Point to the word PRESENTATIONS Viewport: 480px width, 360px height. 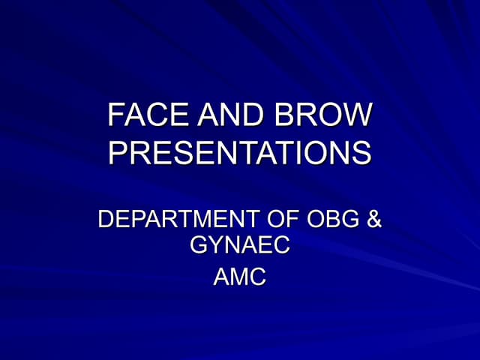tap(240, 152)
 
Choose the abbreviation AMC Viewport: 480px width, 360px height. tap(240, 277)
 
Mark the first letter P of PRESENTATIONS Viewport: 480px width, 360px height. tap(118, 152)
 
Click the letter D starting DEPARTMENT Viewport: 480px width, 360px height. tap(107, 220)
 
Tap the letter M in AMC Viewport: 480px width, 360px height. tap(240, 277)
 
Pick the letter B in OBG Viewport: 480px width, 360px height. tap(332, 220)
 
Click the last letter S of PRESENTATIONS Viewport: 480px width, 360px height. tap(361, 152)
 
